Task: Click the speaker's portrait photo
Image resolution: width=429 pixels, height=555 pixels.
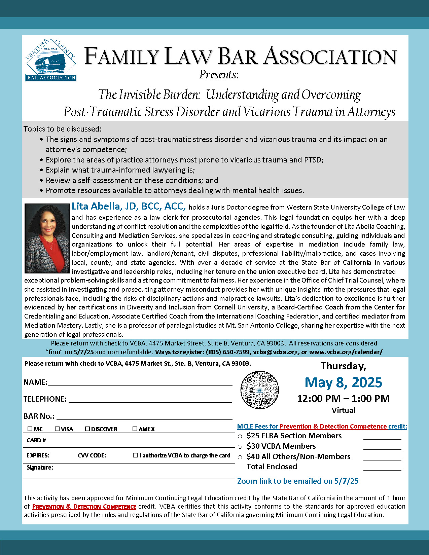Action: coord(47,238)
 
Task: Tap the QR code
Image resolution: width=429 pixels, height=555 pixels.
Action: coord(259,390)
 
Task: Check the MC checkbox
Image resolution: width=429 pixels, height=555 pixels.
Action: coord(30,429)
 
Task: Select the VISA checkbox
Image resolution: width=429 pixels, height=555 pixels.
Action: coord(57,429)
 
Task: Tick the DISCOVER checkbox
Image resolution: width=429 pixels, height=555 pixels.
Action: coord(87,429)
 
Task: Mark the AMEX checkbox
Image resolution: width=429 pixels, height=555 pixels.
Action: coord(135,429)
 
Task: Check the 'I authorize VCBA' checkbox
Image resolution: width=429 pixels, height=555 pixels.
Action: coord(135,455)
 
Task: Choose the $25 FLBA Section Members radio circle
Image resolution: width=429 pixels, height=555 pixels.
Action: coord(240,436)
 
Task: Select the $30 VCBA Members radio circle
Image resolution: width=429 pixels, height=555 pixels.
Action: coord(240,447)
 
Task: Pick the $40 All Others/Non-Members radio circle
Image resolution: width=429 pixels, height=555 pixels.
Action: coord(240,457)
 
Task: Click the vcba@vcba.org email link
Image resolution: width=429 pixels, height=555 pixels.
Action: coord(275,352)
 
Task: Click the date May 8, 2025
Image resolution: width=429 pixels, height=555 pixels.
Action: coord(343,382)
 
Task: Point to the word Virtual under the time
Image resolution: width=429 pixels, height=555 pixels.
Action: coord(343,410)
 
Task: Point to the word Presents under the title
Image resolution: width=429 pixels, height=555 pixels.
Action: coord(219,74)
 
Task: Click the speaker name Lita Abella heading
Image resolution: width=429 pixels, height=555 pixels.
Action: coord(129,206)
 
